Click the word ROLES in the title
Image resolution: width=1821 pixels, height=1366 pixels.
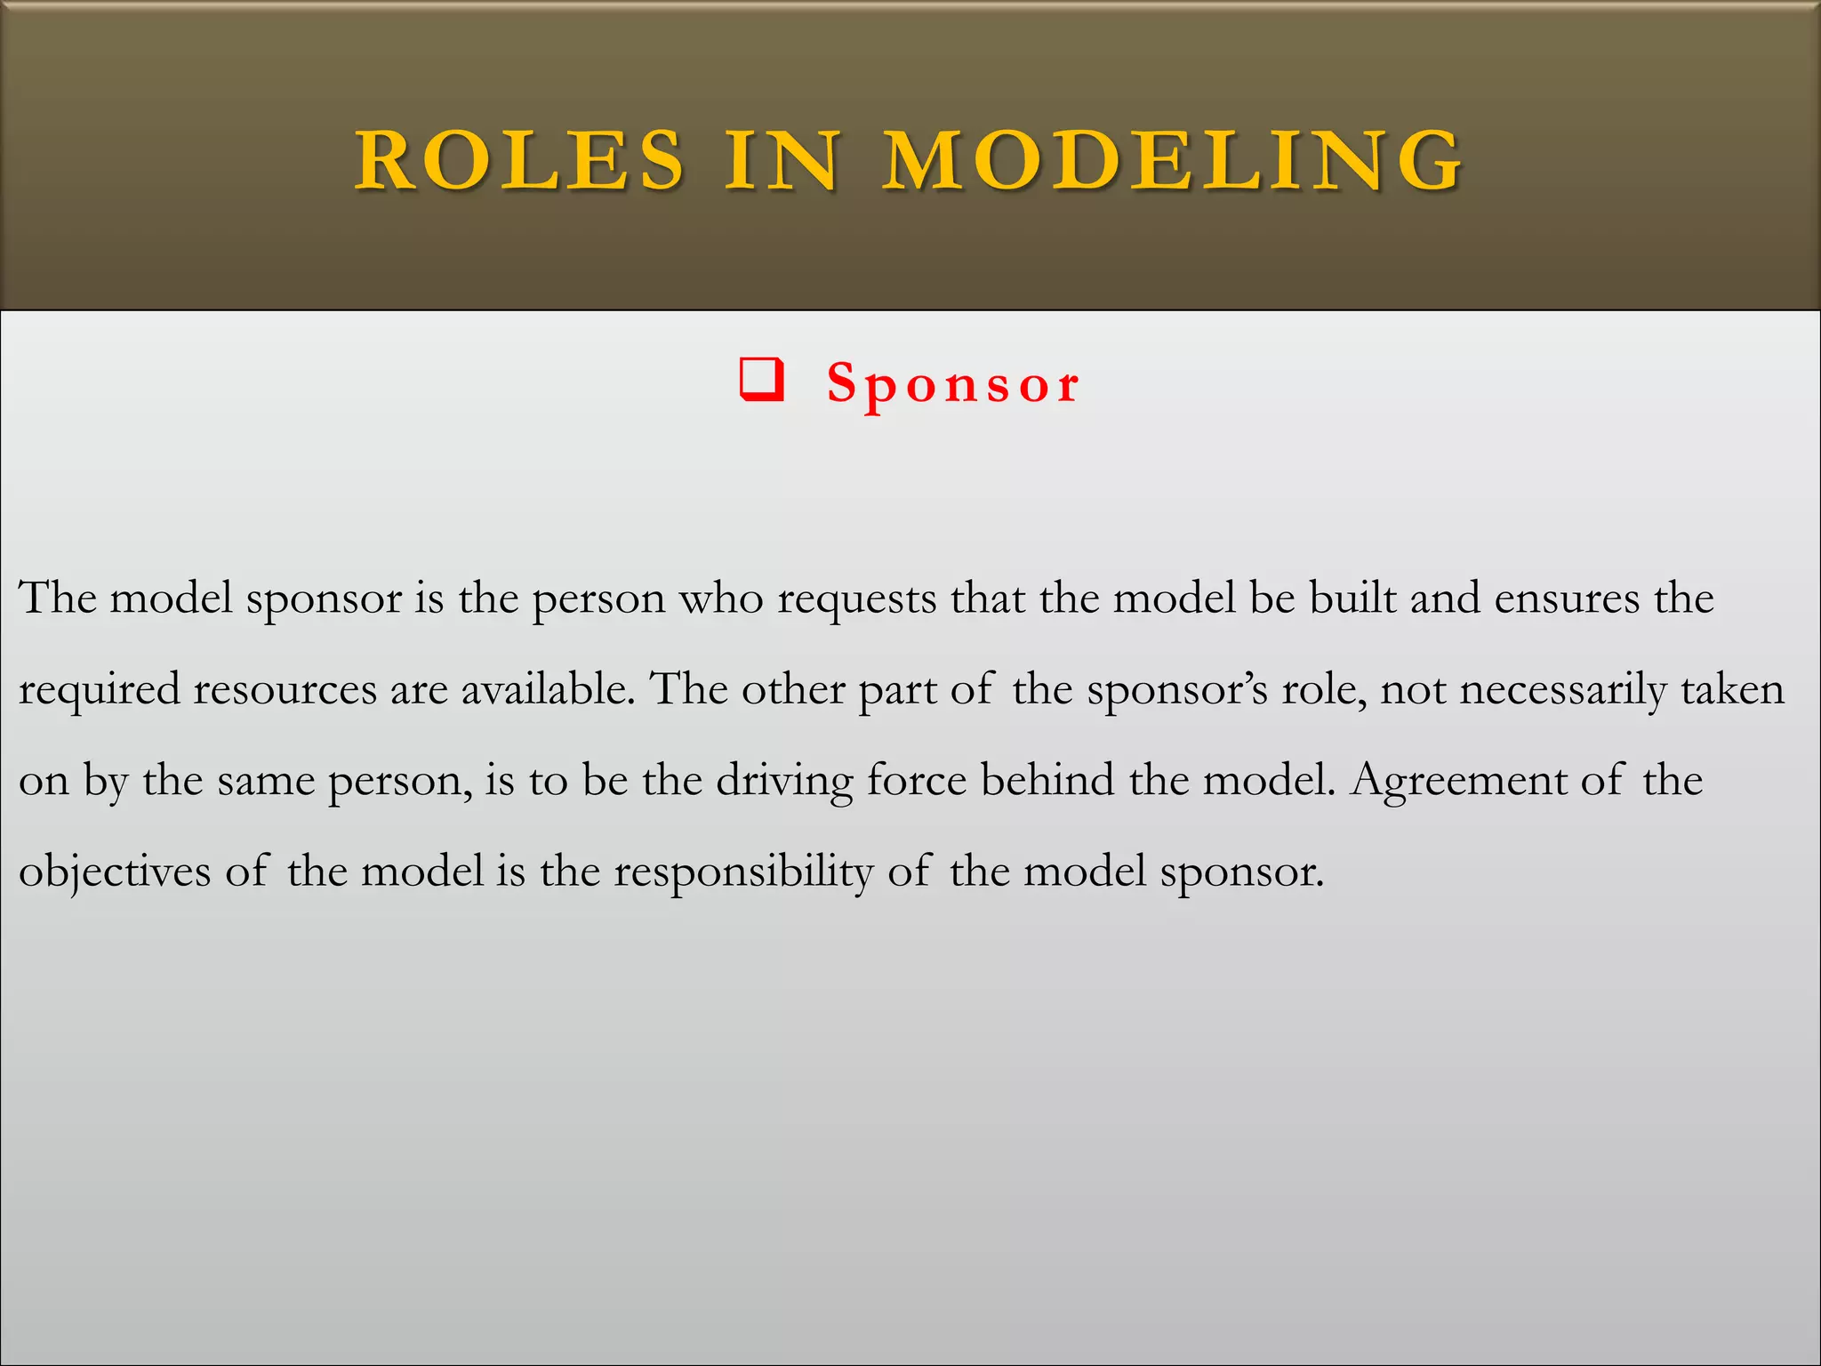click(x=520, y=160)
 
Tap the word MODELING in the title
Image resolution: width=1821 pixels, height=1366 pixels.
click(x=1173, y=160)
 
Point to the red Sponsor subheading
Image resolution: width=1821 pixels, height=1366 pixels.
click(x=953, y=383)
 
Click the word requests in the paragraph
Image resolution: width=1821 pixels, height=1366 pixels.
click(x=857, y=599)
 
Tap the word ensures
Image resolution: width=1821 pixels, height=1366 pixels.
click(x=1567, y=599)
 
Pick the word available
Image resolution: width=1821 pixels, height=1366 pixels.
click(x=548, y=689)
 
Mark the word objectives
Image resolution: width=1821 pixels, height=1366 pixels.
click(x=115, y=872)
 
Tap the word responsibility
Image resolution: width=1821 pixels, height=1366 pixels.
click(x=743, y=872)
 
